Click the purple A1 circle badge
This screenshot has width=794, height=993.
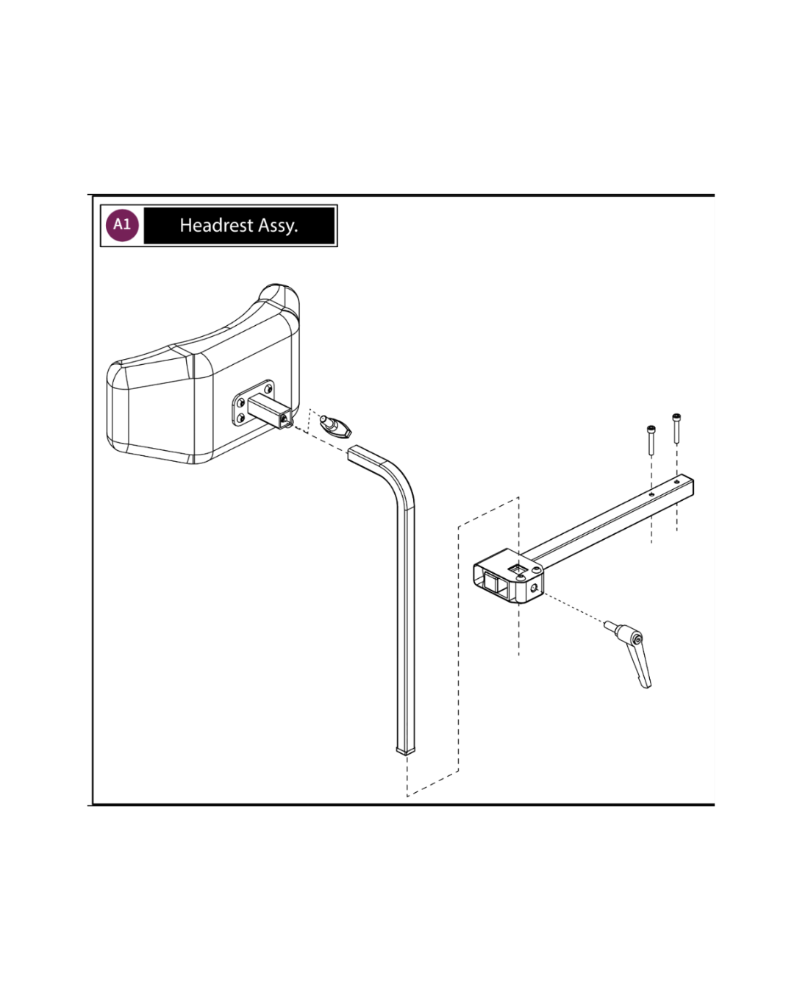pyautogui.click(x=122, y=225)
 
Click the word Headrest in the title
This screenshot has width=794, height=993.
pyautogui.click(x=216, y=225)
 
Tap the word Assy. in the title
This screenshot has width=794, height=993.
pyautogui.click(x=278, y=226)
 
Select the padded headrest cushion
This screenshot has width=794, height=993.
pyautogui.click(x=203, y=374)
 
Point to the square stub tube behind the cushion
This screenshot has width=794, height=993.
pyautogui.click(x=270, y=411)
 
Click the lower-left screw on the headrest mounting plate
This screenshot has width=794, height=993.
pyautogui.click(x=240, y=419)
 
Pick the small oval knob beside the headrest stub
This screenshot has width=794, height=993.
pyautogui.click(x=336, y=427)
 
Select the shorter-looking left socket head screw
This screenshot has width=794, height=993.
pyautogui.click(x=651, y=440)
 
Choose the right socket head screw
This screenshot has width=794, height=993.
pyautogui.click(x=676, y=428)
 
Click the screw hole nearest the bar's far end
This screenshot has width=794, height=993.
pyautogui.click(x=676, y=482)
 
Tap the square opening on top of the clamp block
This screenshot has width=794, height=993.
pyautogui.click(x=517, y=569)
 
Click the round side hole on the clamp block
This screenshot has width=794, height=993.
pyautogui.click(x=534, y=588)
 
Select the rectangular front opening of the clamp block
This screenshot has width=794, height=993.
pyautogui.click(x=493, y=585)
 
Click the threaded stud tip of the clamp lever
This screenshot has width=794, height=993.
pyautogui.click(x=609, y=624)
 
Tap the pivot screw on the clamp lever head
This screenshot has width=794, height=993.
pyautogui.click(x=637, y=639)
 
